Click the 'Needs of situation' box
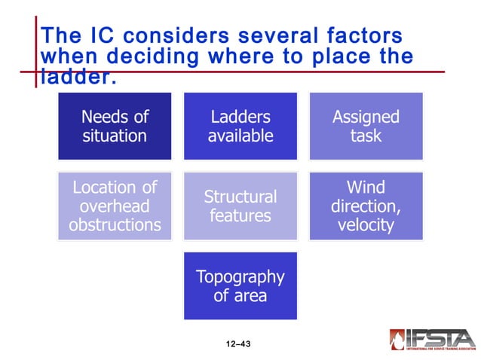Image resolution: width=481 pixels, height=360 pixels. pos(115,126)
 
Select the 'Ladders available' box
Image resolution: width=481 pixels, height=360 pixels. pos(240,126)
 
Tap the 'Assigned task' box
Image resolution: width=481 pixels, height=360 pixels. pos(366,126)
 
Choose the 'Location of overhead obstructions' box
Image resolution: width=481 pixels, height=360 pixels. pos(115,206)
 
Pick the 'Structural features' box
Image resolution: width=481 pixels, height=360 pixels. pos(240,206)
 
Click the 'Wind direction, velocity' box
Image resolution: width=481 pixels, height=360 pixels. pos(366,206)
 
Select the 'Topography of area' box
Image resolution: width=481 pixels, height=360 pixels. pos(240,285)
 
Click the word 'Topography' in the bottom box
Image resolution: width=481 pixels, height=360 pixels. pos(240,276)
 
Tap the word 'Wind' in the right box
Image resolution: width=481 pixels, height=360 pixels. pos(366,186)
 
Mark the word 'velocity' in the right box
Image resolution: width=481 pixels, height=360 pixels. pos(366,225)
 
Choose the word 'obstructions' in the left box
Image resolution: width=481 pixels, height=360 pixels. pos(115,225)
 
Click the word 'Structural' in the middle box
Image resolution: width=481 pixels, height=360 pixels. pos(240,197)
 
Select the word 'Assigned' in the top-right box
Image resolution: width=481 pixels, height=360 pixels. pos(366,117)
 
